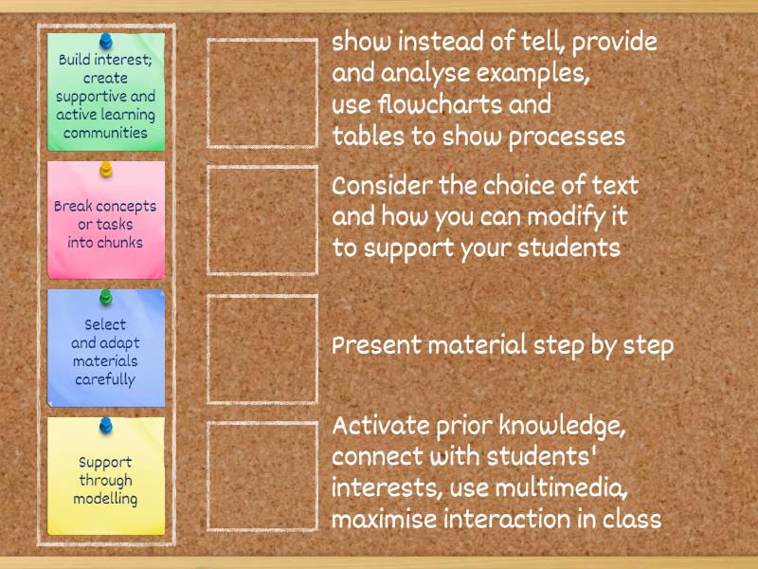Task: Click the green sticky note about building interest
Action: (106, 95)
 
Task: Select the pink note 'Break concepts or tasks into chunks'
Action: (106, 224)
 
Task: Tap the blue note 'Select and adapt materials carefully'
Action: (106, 351)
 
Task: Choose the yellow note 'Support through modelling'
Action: (106, 480)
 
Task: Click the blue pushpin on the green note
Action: (106, 42)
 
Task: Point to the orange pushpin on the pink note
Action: (106, 170)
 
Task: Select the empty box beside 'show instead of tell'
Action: (262, 93)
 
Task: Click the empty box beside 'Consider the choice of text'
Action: (262, 220)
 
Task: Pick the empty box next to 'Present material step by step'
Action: (262, 348)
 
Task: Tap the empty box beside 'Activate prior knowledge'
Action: (262, 476)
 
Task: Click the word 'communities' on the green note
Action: (106, 133)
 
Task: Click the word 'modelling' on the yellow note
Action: (106, 498)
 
